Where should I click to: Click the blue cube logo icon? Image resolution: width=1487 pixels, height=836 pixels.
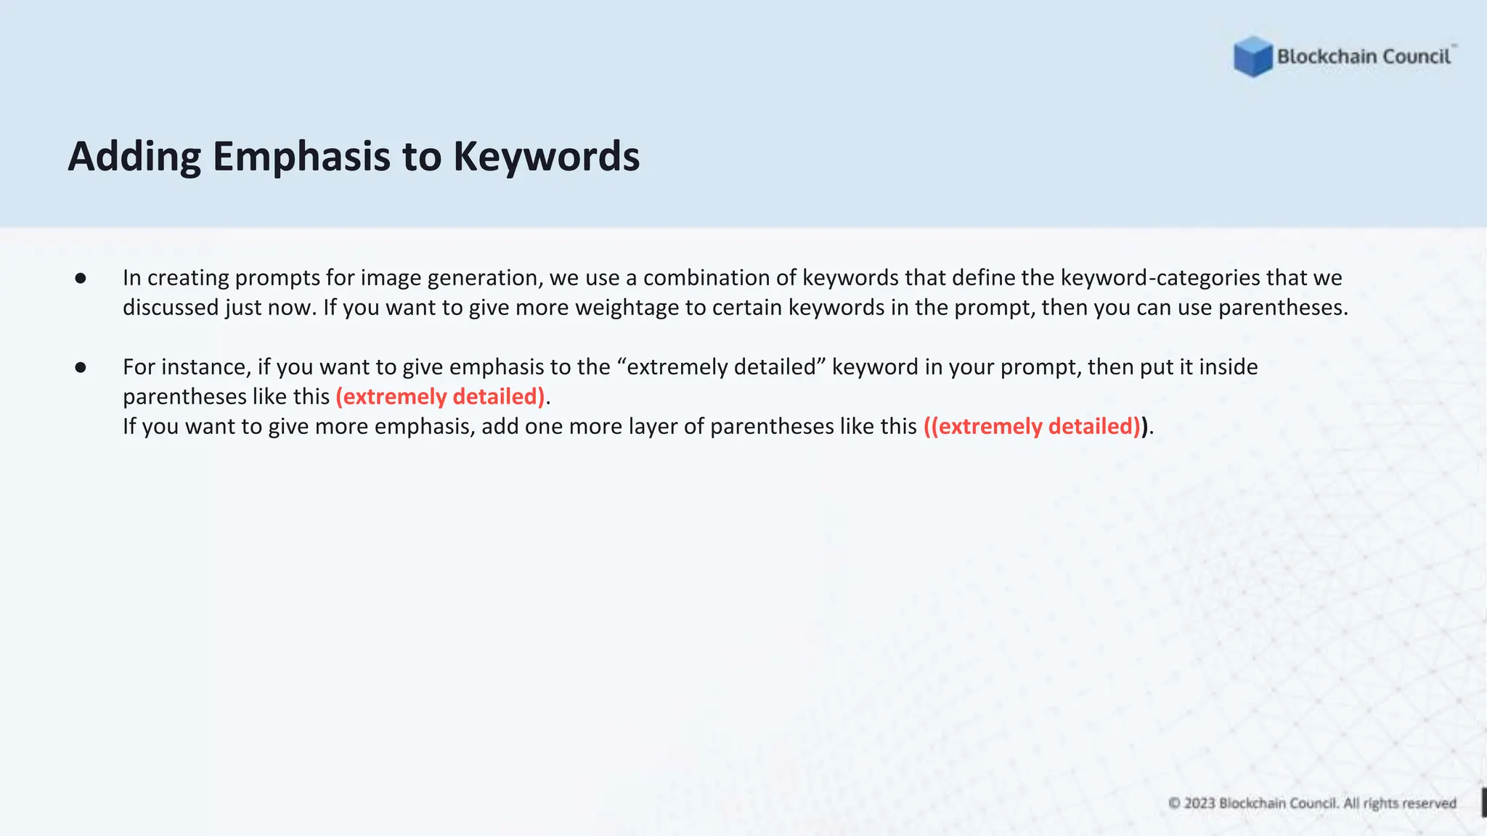click(1252, 57)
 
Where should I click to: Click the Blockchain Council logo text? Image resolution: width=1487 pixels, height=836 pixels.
click(1364, 57)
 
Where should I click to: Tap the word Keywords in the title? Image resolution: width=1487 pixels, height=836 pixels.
click(546, 156)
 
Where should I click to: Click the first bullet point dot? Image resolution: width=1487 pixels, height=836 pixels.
click(81, 278)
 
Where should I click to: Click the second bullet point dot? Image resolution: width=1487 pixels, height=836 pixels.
click(81, 367)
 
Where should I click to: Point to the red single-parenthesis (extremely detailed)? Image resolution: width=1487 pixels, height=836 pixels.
click(440, 396)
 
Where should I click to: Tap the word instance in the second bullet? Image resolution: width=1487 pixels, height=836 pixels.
click(206, 366)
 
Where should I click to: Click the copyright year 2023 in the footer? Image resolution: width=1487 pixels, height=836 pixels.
click(1199, 803)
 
